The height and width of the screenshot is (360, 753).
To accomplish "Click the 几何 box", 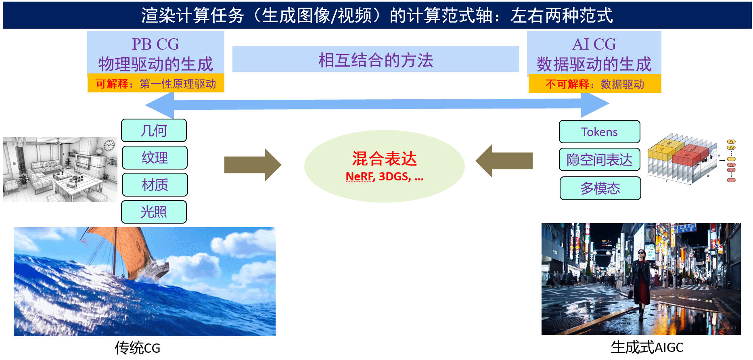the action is [x=154, y=130].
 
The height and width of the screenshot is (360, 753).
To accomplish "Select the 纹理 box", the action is [x=155, y=157].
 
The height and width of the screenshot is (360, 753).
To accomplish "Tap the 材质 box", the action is [x=155, y=184].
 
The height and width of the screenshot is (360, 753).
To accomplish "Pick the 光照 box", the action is [x=154, y=211].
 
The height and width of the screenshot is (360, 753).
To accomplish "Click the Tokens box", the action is [x=599, y=132].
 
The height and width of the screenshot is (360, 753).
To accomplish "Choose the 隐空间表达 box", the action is [x=599, y=159].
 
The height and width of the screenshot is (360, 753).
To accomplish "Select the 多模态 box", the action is [x=600, y=188].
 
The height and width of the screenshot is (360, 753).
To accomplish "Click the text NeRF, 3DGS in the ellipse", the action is [x=378, y=177].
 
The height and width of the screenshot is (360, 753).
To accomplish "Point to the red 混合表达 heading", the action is [x=384, y=159].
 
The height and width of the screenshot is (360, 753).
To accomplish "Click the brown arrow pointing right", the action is [x=253, y=165].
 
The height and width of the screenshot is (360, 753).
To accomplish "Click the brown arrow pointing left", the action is [x=504, y=161].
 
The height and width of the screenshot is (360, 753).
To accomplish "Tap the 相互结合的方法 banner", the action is [x=375, y=59].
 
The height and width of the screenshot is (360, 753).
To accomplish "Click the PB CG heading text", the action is [x=155, y=44].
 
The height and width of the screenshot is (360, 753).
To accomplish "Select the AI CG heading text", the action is [x=594, y=44].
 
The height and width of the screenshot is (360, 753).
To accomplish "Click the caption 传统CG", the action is [x=138, y=347].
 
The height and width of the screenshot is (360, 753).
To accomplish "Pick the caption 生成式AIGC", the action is [x=647, y=347].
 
